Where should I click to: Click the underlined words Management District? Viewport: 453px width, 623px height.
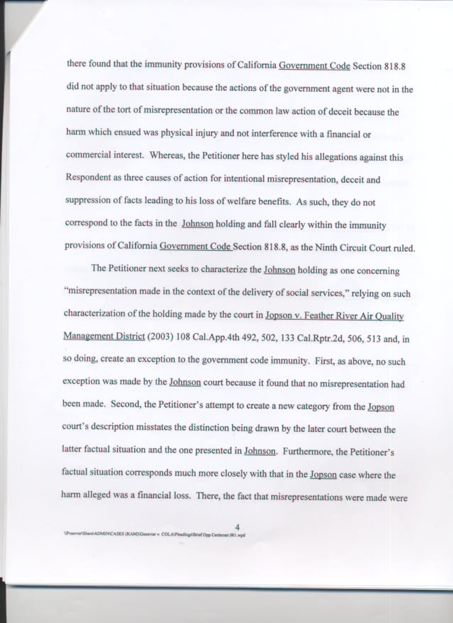[x=104, y=336]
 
